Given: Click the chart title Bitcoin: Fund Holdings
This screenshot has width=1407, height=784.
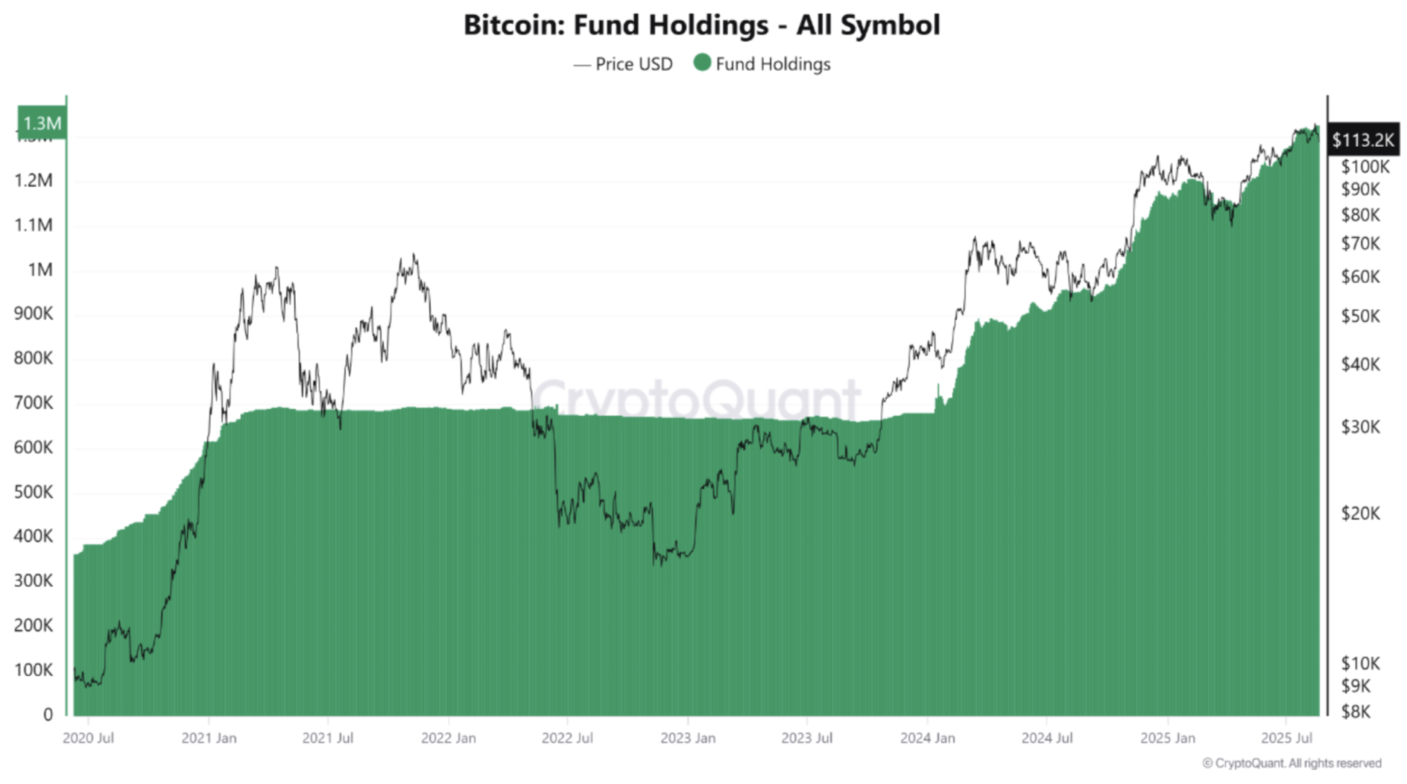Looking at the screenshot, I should click(701, 25).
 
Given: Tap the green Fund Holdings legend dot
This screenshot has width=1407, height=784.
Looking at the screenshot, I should click(702, 63).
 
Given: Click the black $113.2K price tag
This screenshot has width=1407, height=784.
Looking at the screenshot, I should click(1362, 139).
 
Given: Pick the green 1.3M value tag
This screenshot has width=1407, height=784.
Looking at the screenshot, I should click(42, 123).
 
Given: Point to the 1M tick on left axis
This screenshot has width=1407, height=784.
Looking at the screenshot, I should click(39, 270).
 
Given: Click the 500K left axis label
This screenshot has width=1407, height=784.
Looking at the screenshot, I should click(34, 492).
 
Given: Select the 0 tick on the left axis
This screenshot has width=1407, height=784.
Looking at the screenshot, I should click(48, 714).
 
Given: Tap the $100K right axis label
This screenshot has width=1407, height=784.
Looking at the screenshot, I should click(1365, 167).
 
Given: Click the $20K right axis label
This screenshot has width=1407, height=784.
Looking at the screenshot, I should click(1360, 513).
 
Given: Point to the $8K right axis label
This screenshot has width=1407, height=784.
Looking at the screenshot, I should click(1356, 712).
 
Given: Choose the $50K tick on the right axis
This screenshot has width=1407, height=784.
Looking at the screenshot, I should click(1360, 317).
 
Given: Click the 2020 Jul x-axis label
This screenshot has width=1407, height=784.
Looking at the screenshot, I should click(88, 738).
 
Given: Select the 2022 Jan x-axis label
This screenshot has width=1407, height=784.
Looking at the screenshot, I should click(448, 738).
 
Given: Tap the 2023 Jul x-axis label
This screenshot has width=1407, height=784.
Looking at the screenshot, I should click(806, 738).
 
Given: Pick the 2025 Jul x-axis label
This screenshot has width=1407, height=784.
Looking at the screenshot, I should click(1286, 738).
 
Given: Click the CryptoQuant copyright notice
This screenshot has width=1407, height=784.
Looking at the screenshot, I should click(1291, 763).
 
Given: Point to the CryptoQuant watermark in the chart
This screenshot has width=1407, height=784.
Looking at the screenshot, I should click(697, 399).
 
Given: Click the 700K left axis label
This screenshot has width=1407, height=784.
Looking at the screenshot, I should click(34, 403).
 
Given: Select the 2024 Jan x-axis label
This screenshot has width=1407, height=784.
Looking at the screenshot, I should click(927, 738).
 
